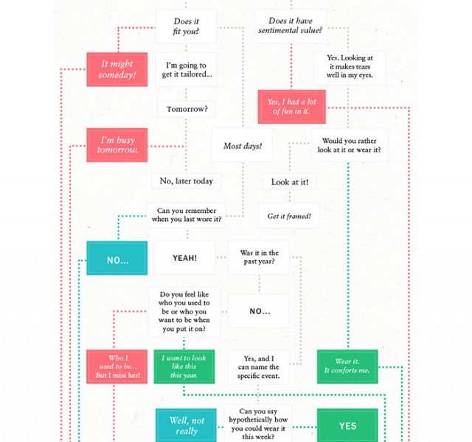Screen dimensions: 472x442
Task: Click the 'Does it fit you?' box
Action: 186,27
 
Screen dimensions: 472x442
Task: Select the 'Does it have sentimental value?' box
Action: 291,26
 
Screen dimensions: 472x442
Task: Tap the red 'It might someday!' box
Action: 117,69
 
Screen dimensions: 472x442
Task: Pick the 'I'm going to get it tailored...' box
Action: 187,70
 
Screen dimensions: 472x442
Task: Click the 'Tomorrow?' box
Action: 187,109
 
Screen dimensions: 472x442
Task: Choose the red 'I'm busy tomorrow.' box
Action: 117,145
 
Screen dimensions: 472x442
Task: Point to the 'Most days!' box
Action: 243,146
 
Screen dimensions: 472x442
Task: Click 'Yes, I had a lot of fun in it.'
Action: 292,107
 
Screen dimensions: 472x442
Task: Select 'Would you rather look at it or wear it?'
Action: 350,145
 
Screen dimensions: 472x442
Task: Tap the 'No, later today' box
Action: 187,181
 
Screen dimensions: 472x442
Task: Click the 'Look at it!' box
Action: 290,182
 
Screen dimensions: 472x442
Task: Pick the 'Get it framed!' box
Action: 289,216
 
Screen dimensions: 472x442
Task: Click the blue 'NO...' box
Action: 117,258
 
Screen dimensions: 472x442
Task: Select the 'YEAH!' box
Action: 185,258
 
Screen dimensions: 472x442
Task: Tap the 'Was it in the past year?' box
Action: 259,257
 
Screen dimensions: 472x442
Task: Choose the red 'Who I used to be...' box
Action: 117,367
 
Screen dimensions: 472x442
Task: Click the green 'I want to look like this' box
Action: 184,367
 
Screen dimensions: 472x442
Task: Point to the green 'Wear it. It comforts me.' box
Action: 347,367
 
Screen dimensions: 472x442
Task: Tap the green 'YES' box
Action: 347,425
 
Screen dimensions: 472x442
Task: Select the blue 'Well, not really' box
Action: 186,425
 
